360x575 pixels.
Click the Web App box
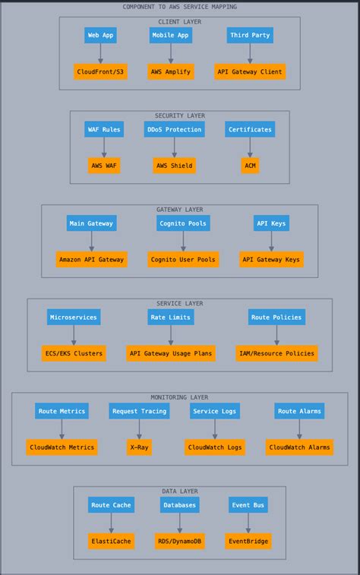[100, 35]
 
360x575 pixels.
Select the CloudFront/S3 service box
[100, 71]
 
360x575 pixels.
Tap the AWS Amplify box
[171, 71]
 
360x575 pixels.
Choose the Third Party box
[250, 35]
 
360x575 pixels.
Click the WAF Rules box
[104, 129]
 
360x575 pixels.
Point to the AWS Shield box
[174, 166]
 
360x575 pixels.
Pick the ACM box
[250, 166]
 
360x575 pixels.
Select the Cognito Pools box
[183, 223]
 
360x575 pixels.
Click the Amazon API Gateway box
[92, 259]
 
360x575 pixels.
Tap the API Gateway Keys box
[271, 259]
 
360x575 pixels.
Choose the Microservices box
[74, 317]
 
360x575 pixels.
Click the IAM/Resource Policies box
[276, 353]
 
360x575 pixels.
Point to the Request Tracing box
[139, 411]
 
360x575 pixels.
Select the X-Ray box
[139, 447]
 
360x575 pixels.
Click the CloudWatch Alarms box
[299, 447]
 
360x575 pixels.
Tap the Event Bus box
[248, 505]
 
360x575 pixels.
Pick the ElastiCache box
[111, 542]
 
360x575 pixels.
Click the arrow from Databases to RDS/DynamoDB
[180, 523]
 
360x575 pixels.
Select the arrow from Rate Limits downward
[171, 335]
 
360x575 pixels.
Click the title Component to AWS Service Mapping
[180, 7]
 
